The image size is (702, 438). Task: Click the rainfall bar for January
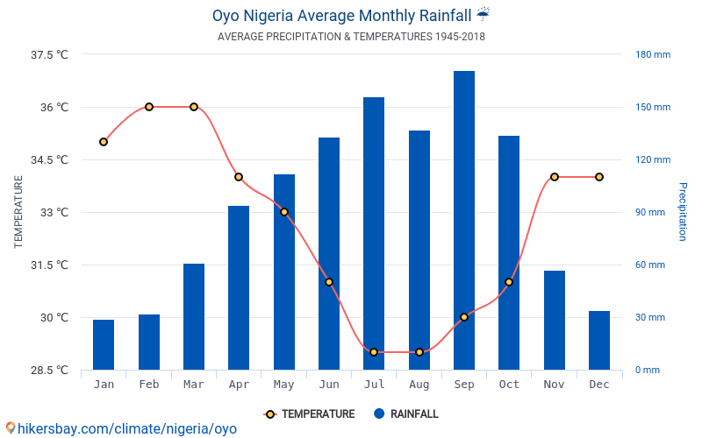pyautogui.click(x=104, y=345)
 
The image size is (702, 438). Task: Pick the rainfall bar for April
pyautogui.click(x=239, y=288)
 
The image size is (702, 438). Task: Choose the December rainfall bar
pyautogui.click(x=599, y=341)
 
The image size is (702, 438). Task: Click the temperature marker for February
pyautogui.click(x=149, y=107)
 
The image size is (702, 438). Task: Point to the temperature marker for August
pyautogui.click(x=419, y=352)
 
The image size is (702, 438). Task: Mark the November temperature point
pyautogui.click(x=555, y=177)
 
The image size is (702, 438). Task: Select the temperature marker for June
pyautogui.click(x=329, y=282)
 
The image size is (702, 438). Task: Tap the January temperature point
pyautogui.click(x=104, y=142)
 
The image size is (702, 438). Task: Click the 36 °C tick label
pyautogui.click(x=54, y=108)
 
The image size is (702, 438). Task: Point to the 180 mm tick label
pyautogui.click(x=653, y=54)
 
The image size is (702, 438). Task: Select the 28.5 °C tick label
pyautogui.click(x=49, y=371)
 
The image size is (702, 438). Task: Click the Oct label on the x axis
pyautogui.click(x=509, y=385)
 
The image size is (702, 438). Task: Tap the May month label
pyautogui.click(x=283, y=385)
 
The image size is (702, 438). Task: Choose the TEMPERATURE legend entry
pyautogui.click(x=310, y=414)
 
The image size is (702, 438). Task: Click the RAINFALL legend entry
pyautogui.click(x=405, y=414)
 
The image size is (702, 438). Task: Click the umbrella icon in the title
pyautogui.click(x=484, y=15)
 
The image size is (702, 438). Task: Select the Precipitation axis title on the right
pyautogui.click(x=682, y=212)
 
